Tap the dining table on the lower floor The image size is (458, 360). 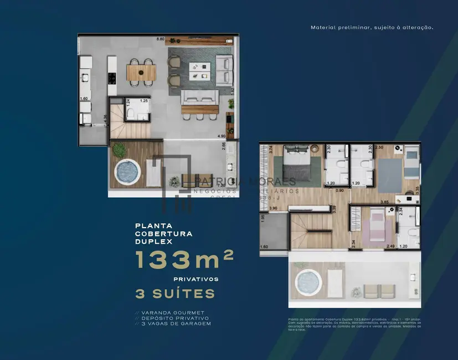pos(141,73)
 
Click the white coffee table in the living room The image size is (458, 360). pos(199,69)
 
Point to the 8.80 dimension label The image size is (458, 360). pos(161,39)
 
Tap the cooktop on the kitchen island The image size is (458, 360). pos(111,78)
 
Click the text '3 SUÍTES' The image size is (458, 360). pos(175,292)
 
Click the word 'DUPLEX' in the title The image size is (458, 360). pos(155,241)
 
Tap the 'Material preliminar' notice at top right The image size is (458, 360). pos(372,27)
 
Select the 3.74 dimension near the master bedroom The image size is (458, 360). pos(271,149)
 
